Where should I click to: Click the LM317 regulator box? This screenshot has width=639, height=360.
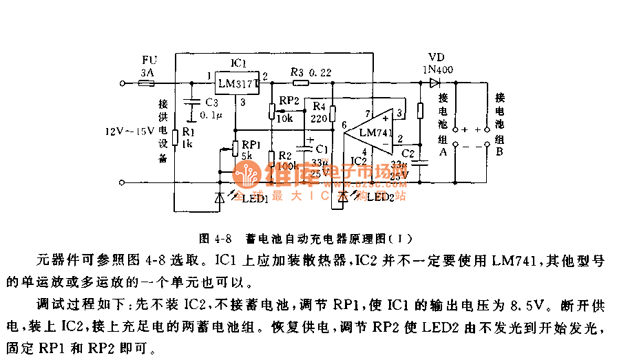pyautogui.click(x=237, y=84)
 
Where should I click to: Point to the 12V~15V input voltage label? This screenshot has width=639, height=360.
pyautogui.click(x=129, y=131)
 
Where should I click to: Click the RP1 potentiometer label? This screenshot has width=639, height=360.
pyautogui.click(x=249, y=145)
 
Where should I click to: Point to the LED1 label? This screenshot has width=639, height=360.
pyautogui.click(x=254, y=199)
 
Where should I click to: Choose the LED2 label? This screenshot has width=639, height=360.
pyautogui.click(x=380, y=198)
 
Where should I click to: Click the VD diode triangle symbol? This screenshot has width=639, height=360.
pyautogui.click(x=434, y=83)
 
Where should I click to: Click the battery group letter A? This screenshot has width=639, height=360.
pyautogui.click(x=443, y=153)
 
